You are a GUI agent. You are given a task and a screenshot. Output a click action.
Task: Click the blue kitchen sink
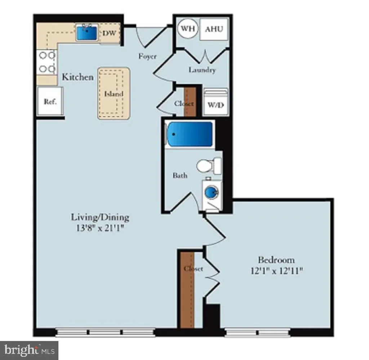87,33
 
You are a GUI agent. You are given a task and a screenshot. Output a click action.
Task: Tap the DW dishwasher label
110,33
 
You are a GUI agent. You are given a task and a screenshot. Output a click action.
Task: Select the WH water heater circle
188,28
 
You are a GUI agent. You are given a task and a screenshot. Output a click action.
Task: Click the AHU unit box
214,29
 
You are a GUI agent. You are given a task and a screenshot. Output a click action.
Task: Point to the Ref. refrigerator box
50,102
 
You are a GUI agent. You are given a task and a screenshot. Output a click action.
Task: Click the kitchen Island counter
114,93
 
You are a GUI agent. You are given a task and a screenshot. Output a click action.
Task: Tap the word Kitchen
78,77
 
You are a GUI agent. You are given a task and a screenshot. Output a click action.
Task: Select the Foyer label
147,57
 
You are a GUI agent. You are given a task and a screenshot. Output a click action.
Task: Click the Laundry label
202,70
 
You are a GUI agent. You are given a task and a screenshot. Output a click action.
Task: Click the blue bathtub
190,134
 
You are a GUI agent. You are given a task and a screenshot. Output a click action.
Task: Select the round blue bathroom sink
212,192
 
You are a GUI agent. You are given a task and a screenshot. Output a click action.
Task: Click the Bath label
180,175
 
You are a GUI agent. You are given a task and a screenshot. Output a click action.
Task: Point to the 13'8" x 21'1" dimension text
100,228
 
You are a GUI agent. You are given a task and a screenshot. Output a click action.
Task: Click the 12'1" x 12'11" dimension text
276,271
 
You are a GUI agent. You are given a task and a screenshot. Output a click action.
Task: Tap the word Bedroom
276,260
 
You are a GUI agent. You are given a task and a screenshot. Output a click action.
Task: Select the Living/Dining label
100,217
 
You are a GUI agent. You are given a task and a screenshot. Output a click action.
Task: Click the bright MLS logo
29,350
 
